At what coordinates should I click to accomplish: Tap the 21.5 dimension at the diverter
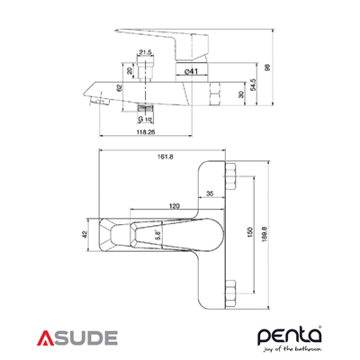[144, 53]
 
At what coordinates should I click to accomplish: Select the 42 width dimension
[85, 234]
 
